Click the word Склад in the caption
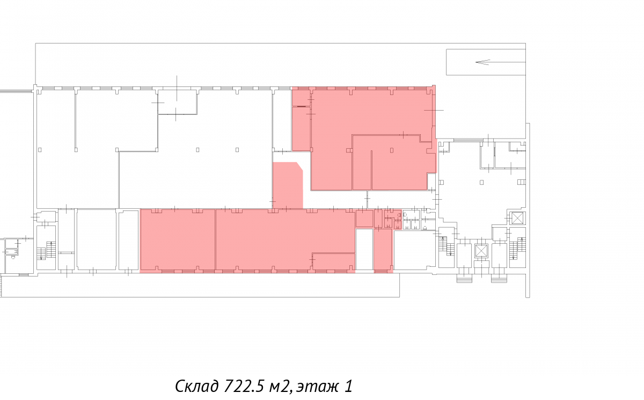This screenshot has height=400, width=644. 197,386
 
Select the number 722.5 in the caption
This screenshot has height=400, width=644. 244,386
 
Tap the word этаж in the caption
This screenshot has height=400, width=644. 317,387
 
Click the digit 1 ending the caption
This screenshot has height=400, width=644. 348,386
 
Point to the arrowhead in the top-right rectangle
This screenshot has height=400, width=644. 482,62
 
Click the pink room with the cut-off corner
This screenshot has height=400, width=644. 288,185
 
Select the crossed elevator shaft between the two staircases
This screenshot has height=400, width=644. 481,250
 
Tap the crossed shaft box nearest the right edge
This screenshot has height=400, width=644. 517,218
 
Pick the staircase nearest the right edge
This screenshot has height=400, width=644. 517,249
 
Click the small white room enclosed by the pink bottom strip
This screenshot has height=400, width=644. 364,250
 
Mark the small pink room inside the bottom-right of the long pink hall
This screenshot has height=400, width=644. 333,261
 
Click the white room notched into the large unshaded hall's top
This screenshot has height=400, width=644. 178,103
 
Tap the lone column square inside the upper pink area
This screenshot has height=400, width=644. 392,150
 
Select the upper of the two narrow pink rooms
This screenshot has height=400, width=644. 301,98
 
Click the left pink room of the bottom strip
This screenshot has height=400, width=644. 178,240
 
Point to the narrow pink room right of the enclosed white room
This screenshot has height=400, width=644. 383,250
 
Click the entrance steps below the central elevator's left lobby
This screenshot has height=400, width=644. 464,280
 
